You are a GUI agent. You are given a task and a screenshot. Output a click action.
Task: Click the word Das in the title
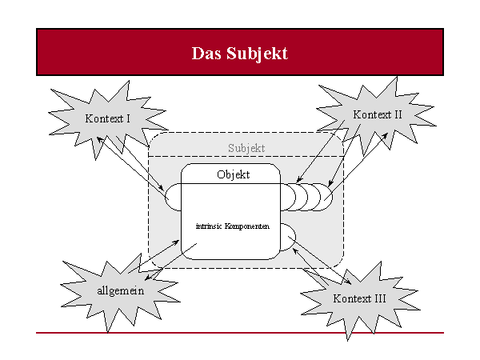coord(206,54)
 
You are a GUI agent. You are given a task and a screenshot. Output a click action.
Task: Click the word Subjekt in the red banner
coord(257,54)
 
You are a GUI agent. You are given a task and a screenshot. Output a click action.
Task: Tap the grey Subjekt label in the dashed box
coord(246,149)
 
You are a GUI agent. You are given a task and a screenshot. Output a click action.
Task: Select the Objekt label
coord(234,174)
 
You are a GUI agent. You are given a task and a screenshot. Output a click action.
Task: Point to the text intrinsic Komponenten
coord(233,226)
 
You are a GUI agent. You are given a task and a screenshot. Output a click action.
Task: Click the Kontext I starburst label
coord(107,118)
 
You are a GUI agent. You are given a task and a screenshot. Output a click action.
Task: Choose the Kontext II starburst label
coord(377,114)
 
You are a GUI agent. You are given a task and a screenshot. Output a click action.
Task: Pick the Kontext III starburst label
coord(359,298)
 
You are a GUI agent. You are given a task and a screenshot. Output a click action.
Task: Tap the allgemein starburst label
coord(121,291)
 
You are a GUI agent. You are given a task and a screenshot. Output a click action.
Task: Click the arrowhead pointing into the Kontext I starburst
coord(99,139)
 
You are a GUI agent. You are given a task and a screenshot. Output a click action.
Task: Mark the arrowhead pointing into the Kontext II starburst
coord(385,136)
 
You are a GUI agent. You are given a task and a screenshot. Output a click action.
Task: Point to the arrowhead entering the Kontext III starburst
coord(348,282)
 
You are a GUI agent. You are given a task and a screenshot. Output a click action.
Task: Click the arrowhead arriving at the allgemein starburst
coord(148,278)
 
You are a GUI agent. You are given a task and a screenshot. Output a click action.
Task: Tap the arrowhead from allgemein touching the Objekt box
coord(176,242)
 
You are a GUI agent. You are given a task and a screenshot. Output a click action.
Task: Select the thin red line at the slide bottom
coord(240,333)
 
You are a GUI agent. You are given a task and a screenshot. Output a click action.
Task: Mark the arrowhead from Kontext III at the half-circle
coord(295,251)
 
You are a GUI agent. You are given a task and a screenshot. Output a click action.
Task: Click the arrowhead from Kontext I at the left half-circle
coord(161,187)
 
